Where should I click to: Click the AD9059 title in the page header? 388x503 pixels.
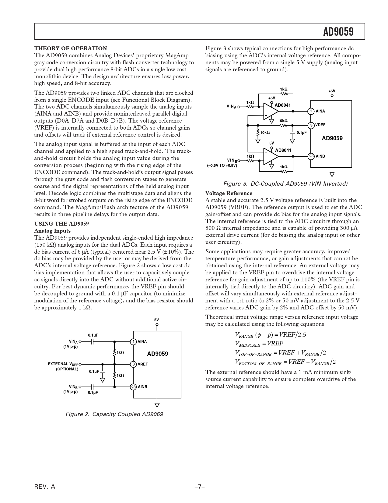click(x=338, y=32)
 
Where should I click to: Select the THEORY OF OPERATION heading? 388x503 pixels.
click(x=71, y=48)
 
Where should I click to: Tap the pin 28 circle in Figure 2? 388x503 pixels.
click(x=133, y=387)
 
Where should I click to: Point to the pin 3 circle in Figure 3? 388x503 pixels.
click(x=311, y=125)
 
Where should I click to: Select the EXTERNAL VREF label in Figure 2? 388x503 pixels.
click(x=63, y=364)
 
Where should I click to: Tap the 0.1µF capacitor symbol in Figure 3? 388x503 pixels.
click(x=292, y=132)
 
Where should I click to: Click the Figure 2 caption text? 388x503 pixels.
click(x=114, y=414)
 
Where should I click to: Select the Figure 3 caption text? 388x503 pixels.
click(x=285, y=184)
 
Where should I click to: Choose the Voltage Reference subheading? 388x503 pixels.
click(x=229, y=193)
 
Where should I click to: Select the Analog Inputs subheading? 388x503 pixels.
click(x=52, y=231)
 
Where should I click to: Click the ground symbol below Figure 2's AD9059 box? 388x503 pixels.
click(x=157, y=405)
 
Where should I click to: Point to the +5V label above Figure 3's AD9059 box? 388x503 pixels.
click(x=332, y=91)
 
